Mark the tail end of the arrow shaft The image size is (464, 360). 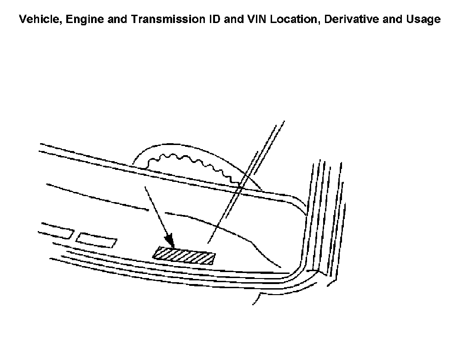pyautogui.click(x=145, y=187)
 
